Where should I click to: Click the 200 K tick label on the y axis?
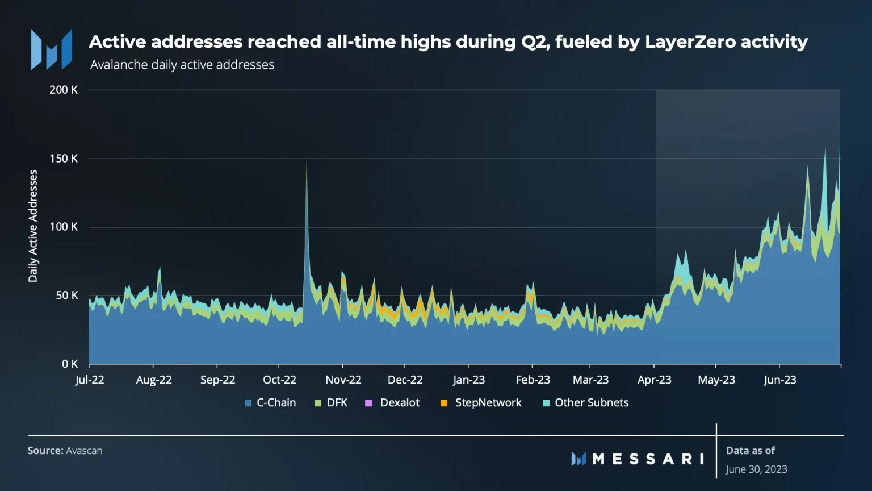(x=64, y=90)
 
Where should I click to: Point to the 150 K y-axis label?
(x=64, y=159)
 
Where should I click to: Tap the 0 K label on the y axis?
(x=70, y=364)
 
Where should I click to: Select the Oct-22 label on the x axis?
(x=279, y=380)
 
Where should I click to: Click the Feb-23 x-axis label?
(x=533, y=380)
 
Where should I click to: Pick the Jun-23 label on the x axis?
(x=780, y=380)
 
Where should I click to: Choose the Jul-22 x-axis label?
(x=90, y=380)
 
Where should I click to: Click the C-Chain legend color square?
(x=248, y=403)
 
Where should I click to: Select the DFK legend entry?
(x=337, y=403)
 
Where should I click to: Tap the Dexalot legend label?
(x=400, y=403)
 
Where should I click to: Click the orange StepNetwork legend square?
(x=444, y=403)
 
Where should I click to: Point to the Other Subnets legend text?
(x=592, y=403)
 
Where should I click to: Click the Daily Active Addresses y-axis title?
(x=33, y=226)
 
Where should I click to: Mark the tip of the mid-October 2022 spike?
(x=307, y=163)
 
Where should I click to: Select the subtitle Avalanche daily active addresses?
(x=182, y=65)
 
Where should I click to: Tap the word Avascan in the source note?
(x=84, y=451)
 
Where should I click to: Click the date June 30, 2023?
(x=756, y=469)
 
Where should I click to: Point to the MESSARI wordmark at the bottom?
(x=647, y=459)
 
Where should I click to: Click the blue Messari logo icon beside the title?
(x=52, y=50)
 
